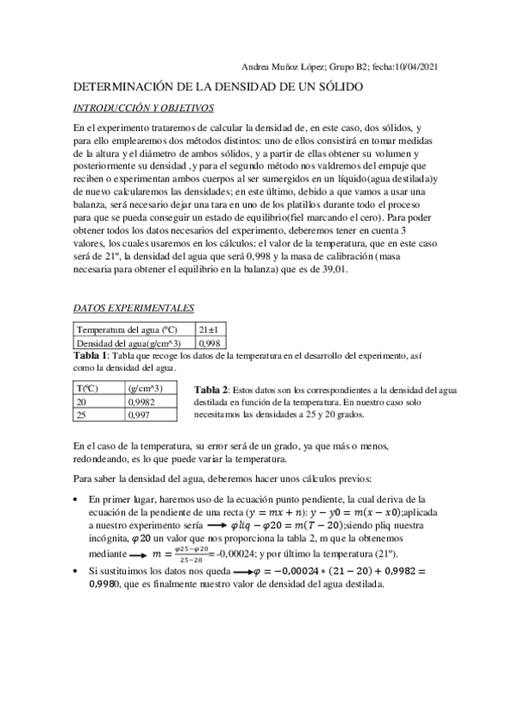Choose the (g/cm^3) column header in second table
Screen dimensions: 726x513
pyautogui.click(x=146, y=388)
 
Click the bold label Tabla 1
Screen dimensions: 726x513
pyautogui.click(x=91, y=355)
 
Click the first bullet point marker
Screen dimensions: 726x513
pyautogui.click(x=80, y=498)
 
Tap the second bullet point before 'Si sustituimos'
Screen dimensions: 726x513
pyautogui.click(x=80, y=569)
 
